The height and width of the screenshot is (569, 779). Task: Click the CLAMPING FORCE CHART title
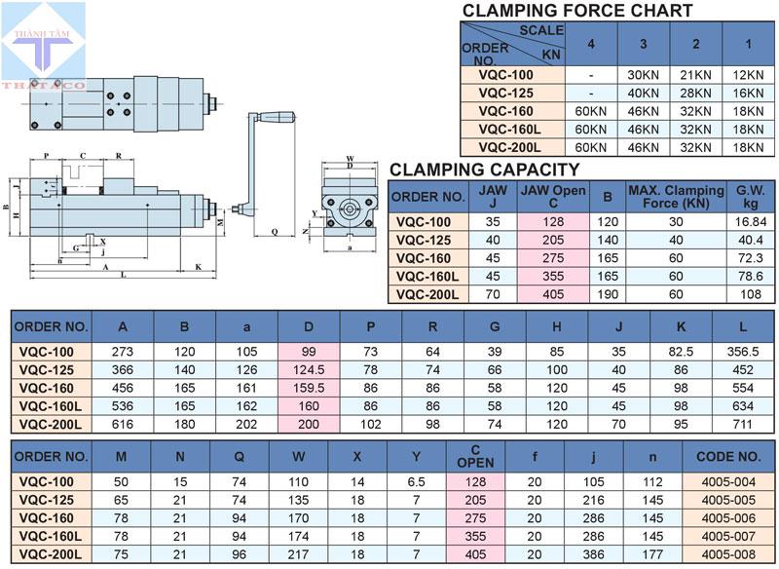click(577, 11)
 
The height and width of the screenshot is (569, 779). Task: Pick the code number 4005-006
click(729, 518)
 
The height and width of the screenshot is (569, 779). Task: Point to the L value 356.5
click(743, 350)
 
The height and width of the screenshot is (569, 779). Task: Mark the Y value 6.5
click(417, 482)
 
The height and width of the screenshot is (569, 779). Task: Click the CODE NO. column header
click(729, 456)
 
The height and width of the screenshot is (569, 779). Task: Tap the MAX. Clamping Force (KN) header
click(675, 196)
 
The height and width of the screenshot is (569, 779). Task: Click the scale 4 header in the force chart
click(591, 44)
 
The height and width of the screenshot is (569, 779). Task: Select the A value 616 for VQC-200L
click(122, 424)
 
